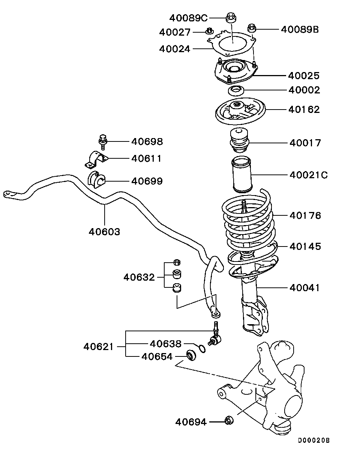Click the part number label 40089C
(188, 18)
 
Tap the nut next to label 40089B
(252, 28)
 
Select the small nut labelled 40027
(209, 31)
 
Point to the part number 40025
(304, 76)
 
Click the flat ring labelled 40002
(236, 91)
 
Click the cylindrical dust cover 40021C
(242, 174)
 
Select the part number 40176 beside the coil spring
(305, 216)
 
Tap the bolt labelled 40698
(103, 142)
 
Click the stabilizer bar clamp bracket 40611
(96, 160)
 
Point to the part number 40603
(104, 232)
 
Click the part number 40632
(139, 277)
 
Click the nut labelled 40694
(229, 420)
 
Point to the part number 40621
(99, 347)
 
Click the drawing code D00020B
(314, 440)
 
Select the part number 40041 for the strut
(304, 288)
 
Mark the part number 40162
(304, 110)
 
